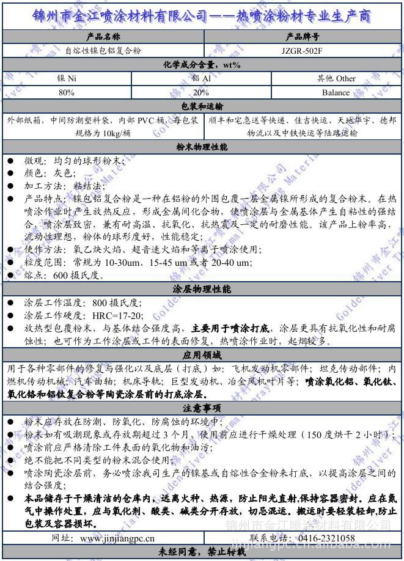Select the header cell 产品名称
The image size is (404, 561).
tap(102, 37)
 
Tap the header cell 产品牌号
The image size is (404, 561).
tap(303, 37)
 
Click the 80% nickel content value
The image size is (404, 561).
tap(67, 93)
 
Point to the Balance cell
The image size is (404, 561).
tap(336, 93)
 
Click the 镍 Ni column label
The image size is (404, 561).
tap(67, 78)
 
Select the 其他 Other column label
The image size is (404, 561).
tap(336, 78)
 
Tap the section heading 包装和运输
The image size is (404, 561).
tap(202, 107)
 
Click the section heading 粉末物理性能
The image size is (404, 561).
tap(202, 147)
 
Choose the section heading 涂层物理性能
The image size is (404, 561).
tap(202, 289)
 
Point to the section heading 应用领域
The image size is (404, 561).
tap(202, 356)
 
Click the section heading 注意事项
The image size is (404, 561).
tap(202, 408)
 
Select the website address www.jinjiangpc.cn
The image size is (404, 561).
tap(117, 538)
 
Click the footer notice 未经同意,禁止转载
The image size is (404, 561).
tap(202, 552)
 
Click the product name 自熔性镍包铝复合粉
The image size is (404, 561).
tap(102, 51)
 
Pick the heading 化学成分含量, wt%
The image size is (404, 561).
tap(202, 65)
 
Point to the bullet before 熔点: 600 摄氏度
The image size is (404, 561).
tap(10, 276)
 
